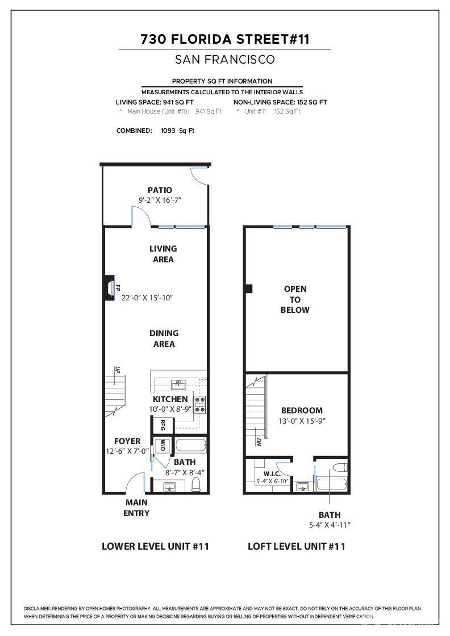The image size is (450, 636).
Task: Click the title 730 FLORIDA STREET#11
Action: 224,39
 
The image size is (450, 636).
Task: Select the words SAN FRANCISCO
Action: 224,59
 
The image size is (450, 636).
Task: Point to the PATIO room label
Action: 160,190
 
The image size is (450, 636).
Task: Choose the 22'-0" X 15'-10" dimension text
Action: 147,298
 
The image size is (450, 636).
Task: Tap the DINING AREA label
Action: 164,338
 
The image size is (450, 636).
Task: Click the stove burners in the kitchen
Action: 200,404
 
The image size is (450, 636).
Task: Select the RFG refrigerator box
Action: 163,425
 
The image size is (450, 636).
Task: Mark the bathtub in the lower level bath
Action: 190,445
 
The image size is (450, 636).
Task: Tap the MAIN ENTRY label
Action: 136,508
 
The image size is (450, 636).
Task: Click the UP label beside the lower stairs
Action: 118,370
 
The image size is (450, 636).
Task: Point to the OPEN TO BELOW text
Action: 295,299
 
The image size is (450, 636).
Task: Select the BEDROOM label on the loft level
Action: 302,411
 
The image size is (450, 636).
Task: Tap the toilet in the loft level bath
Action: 339,468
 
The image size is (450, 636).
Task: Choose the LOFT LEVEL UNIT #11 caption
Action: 296,546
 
